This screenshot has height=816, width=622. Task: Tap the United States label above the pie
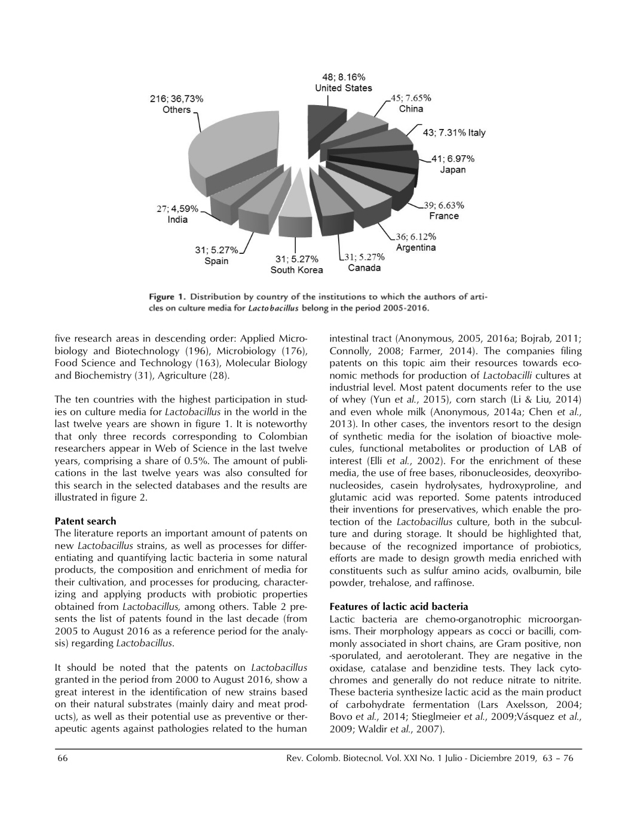click(344, 88)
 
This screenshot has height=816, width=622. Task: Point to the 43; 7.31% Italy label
click(454, 133)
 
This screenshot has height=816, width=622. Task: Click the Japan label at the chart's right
click(452, 170)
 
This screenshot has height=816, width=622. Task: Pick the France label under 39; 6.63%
click(443, 216)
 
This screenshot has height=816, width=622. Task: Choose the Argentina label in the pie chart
click(416, 247)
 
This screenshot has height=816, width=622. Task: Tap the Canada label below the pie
click(364, 268)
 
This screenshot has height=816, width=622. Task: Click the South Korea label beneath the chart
click(297, 270)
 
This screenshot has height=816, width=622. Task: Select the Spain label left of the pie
click(216, 261)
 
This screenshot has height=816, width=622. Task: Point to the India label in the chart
click(177, 219)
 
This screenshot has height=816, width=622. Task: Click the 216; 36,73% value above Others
click(176, 99)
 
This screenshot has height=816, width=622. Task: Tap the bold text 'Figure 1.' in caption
click(167, 297)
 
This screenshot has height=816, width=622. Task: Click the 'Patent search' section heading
click(85, 521)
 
